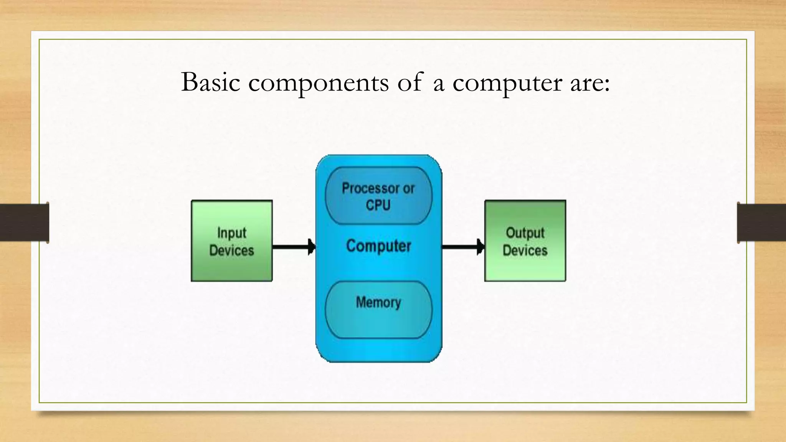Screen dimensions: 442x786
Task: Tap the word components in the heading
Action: pyautogui.click(x=318, y=83)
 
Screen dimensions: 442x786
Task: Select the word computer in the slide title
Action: pyautogui.click(x=507, y=83)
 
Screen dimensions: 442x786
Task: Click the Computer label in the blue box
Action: pyautogui.click(x=378, y=246)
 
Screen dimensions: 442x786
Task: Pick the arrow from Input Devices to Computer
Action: pyautogui.click(x=294, y=247)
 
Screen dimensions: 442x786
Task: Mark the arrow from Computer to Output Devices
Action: pyautogui.click(x=463, y=247)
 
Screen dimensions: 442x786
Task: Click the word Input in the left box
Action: pyautogui.click(x=231, y=233)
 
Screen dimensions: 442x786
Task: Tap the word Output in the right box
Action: pyautogui.click(x=525, y=233)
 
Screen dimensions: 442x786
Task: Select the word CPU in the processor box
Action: pyautogui.click(x=378, y=205)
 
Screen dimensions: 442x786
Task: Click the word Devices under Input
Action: pyautogui.click(x=231, y=251)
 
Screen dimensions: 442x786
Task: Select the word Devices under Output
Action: pyautogui.click(x=525, y=251)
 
